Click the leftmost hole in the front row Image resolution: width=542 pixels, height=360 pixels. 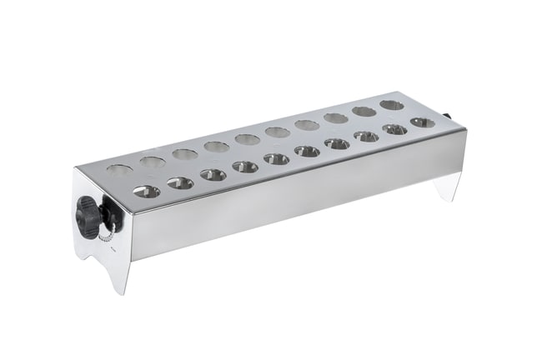tap(146, 192)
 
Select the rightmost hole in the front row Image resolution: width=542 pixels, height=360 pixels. tap(422, 122)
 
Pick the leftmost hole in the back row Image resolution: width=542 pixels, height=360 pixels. tap(119, 170)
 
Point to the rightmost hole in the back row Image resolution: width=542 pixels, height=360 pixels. tap(391, 105)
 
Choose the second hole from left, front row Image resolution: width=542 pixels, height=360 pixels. tap(180, 183)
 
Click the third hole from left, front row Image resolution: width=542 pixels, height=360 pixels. tap(213, 175)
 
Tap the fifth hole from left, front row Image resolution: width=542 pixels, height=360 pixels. tap(276, 158)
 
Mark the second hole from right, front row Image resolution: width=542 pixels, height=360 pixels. tap(395, 129)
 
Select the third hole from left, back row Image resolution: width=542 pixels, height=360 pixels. tap(185, 154)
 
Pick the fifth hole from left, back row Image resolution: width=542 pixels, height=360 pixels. tap(247, 139)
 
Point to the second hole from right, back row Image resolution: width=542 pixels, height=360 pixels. tap(364, 112)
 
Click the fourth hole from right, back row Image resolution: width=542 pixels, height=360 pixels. tap(307, 125)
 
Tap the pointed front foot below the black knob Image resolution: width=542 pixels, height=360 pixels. tap(121, 279)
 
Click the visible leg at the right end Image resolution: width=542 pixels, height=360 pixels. tap(449, 187)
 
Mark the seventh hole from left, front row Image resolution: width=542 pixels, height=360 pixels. tap(337, 143)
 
